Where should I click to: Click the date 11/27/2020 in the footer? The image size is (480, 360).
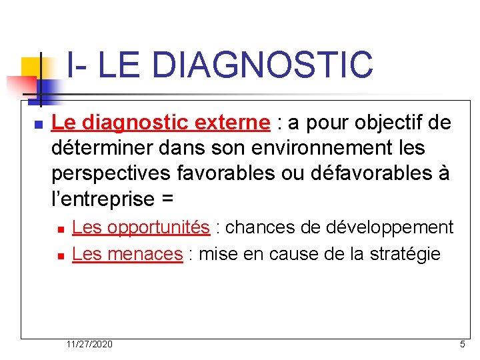(x=89, y=344)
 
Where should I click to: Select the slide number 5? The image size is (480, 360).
(x=462, y=344)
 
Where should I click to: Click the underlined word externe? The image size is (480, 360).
(x=233, y=123)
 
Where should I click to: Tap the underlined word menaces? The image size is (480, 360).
(x=145, y=253)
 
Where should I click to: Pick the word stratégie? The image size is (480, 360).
(x=406, y=253)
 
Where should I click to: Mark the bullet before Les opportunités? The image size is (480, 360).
(x=60, y=229)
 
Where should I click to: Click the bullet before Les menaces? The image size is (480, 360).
(x=60, y=255)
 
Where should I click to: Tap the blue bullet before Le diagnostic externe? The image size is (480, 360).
(x=38, y=125)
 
